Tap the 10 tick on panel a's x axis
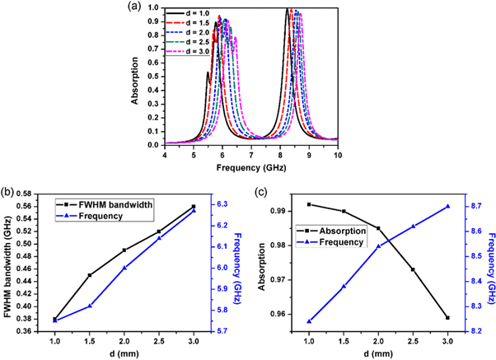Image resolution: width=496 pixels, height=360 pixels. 338,155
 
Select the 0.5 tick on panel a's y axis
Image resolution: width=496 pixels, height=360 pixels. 154,77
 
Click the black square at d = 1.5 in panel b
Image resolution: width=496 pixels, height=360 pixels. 90,275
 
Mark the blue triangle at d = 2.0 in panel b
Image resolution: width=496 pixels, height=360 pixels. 124,268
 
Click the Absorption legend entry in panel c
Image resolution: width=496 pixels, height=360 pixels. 335,231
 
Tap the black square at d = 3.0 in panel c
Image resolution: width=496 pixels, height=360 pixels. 447,317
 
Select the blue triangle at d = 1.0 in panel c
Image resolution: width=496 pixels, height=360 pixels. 309,321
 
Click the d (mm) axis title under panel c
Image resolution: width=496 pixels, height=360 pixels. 378,353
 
